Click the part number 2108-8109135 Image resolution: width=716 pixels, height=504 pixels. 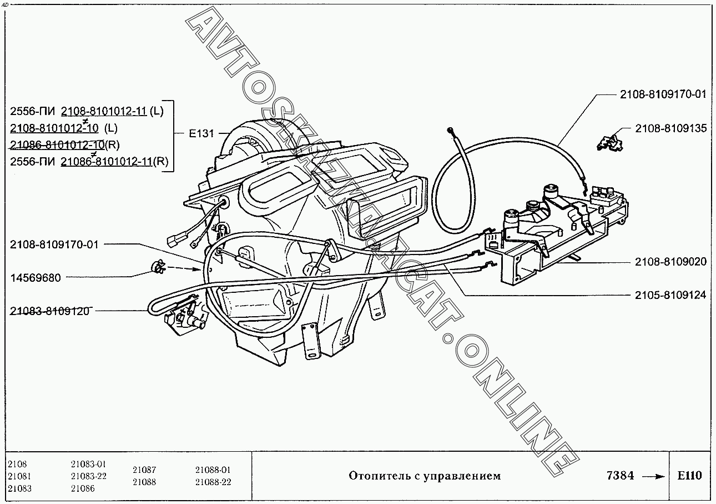[x=671, y=128]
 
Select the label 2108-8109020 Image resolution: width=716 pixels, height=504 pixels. [x=671, y=262]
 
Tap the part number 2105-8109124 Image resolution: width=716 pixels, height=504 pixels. [x=671, y=295]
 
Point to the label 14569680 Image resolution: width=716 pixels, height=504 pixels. [x=36, y=278]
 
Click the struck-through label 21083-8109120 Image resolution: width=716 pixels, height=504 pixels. [x=49, y=311]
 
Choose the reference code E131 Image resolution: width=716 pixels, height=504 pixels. [x=201, y=133]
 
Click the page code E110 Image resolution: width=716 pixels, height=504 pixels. [x=690, y=476]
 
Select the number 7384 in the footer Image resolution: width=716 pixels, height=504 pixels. [x=620, y=476]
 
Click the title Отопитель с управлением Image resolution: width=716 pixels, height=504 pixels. [x=425, y=476]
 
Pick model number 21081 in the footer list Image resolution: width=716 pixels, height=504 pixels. [x=19, y=476]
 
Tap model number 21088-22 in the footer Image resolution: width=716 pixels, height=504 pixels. [x=213, y=482]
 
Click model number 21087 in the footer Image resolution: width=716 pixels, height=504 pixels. [x=144, y=470]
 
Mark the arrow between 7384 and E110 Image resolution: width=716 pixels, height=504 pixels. [x=653, y=476]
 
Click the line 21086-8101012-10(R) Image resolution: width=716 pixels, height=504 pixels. [x=65, y=145]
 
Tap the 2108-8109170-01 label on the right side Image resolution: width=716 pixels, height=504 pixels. [x=663, y=94]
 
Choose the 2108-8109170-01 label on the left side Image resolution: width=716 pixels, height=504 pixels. [x=54, y=244]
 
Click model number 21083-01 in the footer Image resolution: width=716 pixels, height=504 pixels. [x=88, y=464]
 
